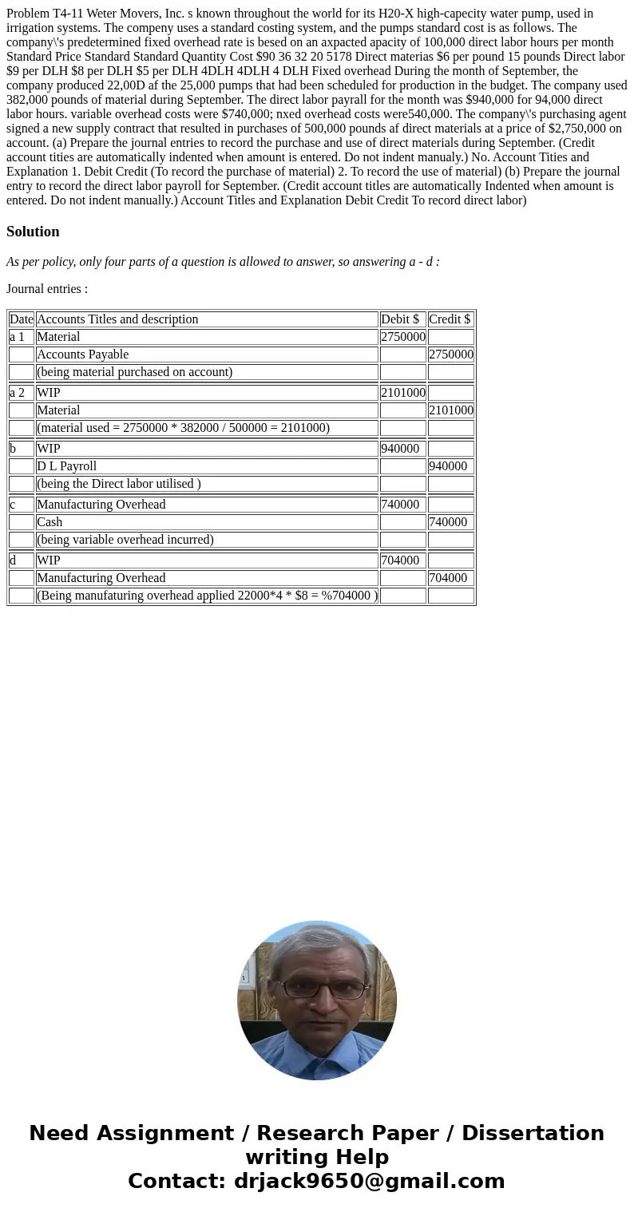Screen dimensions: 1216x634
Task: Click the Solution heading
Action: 33,232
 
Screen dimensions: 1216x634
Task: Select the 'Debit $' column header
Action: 400,319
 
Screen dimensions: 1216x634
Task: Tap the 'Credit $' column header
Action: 450,319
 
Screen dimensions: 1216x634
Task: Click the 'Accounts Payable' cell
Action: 82,355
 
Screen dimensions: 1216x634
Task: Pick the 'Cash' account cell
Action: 50,522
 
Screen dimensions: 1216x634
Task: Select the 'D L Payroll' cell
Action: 66,466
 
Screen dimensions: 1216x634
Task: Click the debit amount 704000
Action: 399,560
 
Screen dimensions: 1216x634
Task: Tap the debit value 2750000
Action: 402,337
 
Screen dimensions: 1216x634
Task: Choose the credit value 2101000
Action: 450,410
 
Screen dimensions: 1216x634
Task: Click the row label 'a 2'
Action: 17,393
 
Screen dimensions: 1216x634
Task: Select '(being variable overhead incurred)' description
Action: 125,540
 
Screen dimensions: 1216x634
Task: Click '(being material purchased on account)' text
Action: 134,372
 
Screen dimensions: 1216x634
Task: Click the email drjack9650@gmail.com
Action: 369,1181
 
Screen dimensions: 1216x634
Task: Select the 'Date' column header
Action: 22,319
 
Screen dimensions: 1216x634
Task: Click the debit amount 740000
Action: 399,505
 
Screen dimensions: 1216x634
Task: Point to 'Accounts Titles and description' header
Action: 117,319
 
